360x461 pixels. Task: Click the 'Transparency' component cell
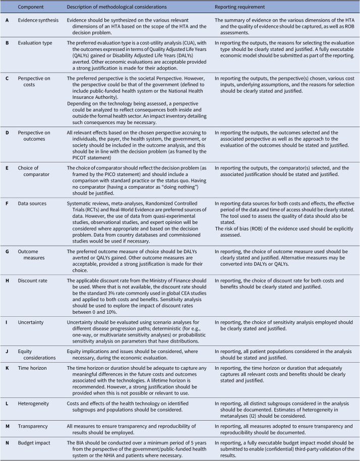tap(36, 421)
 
